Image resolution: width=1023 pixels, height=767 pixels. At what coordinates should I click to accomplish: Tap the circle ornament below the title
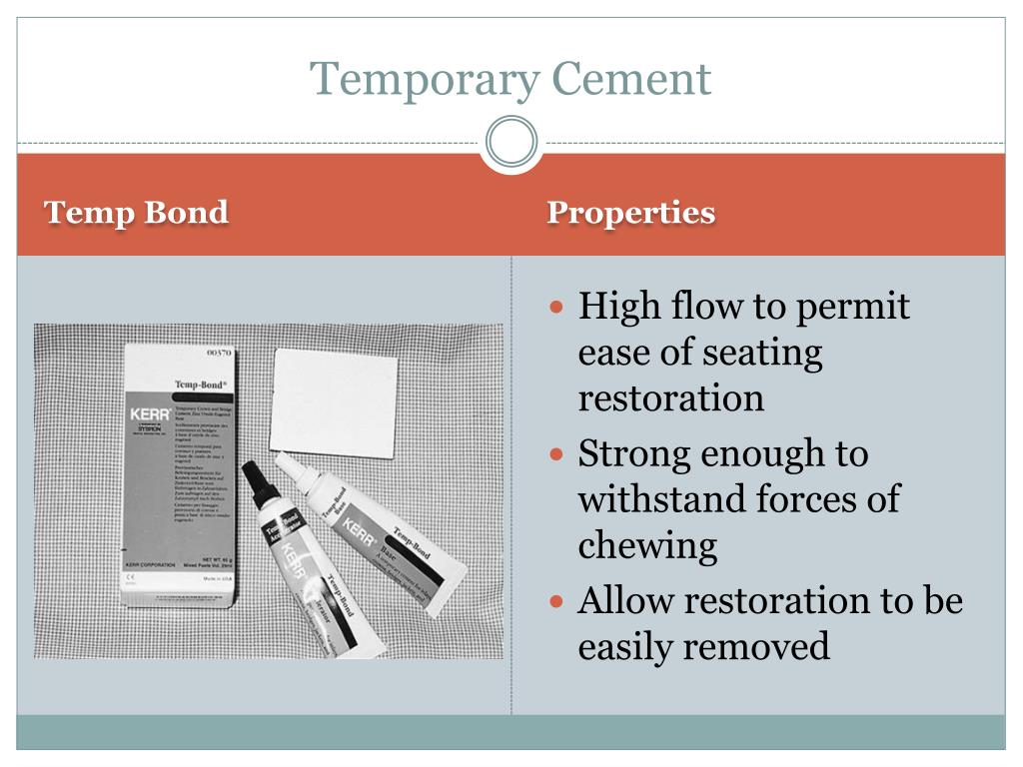[x=511, y=141]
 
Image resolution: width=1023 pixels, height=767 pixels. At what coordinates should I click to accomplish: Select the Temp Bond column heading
[x=136, y=213]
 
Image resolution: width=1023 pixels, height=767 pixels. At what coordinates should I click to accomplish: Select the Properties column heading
[x=630, y=213]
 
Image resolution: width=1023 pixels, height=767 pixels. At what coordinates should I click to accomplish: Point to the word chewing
[x=647, y=546]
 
